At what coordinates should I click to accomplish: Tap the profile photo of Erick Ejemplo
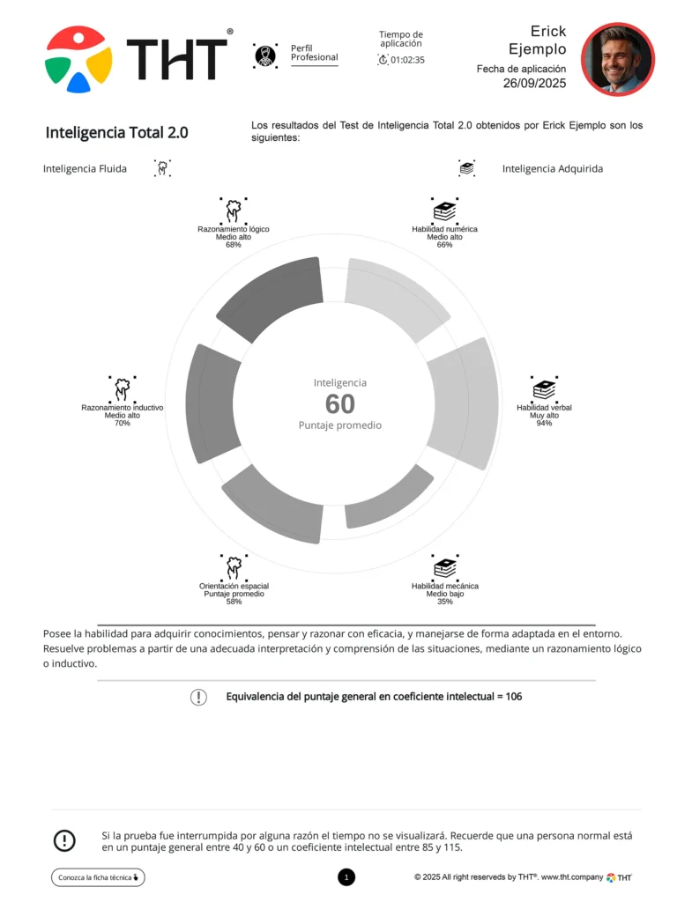point(617,59)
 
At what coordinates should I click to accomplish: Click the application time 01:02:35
point(407,60)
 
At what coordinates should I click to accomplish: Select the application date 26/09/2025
point(534,84)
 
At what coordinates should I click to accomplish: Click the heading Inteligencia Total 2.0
point(116,133)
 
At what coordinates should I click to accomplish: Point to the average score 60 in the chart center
point(339,403)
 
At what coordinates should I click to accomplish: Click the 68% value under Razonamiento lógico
point(234,245)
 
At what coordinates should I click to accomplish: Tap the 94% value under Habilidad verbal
point(544,424)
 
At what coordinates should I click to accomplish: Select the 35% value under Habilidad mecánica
point(444,602)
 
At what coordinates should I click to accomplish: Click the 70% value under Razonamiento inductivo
point(122,424)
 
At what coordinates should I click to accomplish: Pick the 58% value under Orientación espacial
point(234,602)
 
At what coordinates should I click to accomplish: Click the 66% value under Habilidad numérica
point(444,245)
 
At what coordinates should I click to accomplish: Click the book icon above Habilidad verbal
point(544,388)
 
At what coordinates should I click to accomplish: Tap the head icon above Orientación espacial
point(234,566)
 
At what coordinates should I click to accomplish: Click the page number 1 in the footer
point(346,877)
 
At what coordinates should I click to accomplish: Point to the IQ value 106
point(514,697)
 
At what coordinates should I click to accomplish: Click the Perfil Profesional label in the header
point(314,53)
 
